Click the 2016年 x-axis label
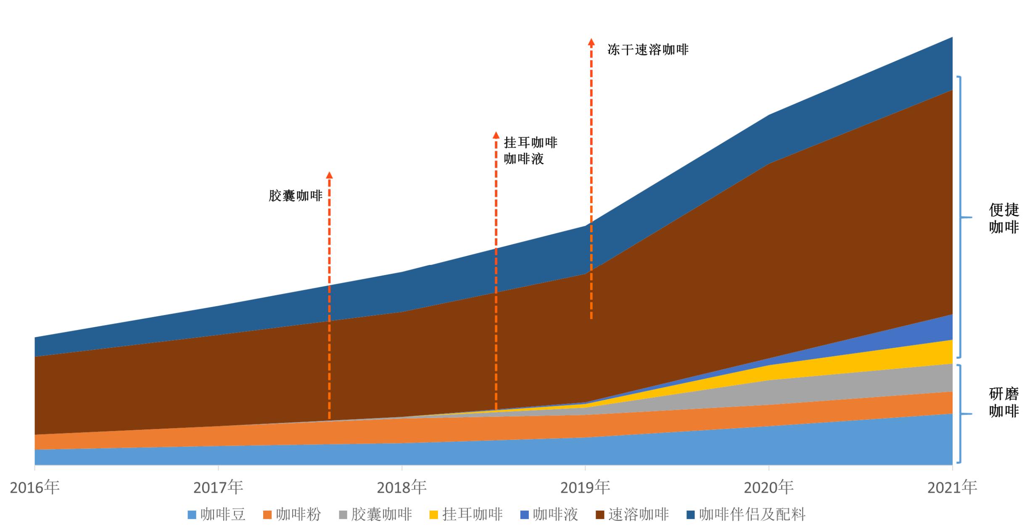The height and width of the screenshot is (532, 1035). [34, 487]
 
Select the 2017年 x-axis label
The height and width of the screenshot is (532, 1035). [218, 487]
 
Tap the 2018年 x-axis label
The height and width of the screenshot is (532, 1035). [401, 487]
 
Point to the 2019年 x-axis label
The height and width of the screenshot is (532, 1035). [585, 487]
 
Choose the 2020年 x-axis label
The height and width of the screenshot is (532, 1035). [768, 487]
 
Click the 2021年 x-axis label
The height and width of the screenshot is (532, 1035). [952, 487]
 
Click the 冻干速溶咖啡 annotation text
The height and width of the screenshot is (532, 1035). [648, 50]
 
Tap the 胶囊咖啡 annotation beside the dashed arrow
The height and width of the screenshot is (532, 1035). [296, 196]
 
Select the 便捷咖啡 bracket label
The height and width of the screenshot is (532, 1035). [1003, 218]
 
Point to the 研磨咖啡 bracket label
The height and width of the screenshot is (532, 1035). [1003, 402]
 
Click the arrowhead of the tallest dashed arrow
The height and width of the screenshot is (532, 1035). [591, 42]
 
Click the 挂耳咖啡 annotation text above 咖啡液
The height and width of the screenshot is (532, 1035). [531, 143]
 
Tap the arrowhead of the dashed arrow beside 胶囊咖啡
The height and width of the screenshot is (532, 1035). [329, 175]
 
